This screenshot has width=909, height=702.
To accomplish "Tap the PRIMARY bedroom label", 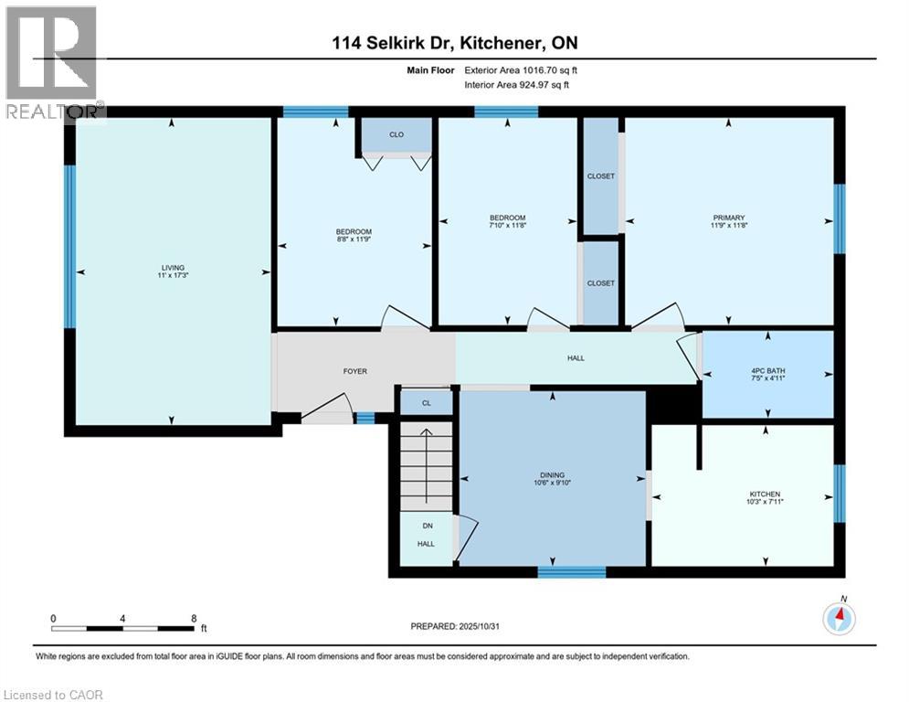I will (728, 218).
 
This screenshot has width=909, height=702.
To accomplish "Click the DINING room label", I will (552, 475).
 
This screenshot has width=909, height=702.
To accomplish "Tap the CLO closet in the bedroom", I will (396, 134).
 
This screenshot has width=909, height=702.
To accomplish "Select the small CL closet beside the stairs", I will (426, 402).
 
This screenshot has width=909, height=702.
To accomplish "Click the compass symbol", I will (838, 619).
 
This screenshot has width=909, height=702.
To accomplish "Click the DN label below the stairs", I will (426, 526).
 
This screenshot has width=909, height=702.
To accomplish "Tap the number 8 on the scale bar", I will (194, 618).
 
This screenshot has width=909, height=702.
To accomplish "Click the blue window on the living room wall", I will (69, 245).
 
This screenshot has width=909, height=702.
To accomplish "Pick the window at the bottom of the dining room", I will (571, 572).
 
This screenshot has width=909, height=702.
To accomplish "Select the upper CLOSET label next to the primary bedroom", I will (600, 175).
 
